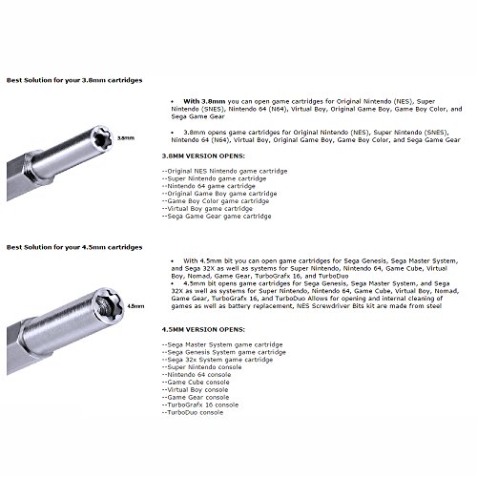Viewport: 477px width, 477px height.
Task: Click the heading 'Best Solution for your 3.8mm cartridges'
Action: (x=74, y=80)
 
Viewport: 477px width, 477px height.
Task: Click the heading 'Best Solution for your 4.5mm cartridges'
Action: (x=74, y=247)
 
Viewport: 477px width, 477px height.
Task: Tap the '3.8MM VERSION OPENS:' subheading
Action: (x=203, y=156)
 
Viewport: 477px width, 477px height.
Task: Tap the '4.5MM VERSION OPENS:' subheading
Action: (x=203, y=329)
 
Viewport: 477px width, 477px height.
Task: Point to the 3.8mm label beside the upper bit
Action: (x=126, y=138)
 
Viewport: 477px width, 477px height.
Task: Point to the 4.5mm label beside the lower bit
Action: (x=135, y=306)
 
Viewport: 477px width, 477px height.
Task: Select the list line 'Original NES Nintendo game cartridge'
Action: (x=224, y=171)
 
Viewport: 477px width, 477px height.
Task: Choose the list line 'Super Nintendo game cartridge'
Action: (x=214, y=178)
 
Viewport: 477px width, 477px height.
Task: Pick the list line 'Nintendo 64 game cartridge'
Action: (x=209, y=186)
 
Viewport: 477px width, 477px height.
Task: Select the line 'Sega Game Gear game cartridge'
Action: (x=217, y=217)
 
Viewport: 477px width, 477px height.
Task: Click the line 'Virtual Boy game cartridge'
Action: (x=207, y=209)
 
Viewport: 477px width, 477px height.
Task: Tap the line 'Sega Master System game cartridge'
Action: (x=222, y=344)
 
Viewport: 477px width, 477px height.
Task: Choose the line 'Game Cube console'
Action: (x=196, y=383)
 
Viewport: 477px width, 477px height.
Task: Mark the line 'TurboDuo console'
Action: (x=193, y=412)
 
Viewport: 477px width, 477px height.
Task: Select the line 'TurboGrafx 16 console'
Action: (x=200, y=404)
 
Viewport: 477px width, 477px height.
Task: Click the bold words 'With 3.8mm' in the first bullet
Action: (x=204, y=101)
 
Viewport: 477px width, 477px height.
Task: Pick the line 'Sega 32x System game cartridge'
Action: (x=218, y=360)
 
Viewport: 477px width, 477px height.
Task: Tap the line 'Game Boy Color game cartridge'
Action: (x=216, y=201)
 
